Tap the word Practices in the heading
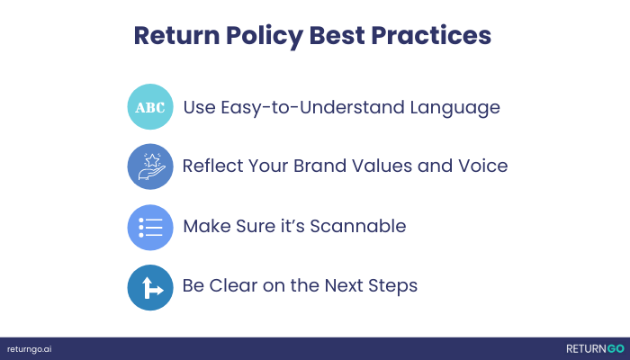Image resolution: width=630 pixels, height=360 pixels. (x=439, y=35)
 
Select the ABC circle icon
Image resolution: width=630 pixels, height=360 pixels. (x=149, y=108)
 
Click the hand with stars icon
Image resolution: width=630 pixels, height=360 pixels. (x=149, y=166)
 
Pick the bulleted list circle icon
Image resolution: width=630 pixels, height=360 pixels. (x=149, y=227)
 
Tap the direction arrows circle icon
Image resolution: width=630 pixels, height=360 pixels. (x=149, y=286)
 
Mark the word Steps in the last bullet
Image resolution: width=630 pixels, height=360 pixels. (x=393, y=286)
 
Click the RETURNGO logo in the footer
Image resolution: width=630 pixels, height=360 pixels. (x=594, y=348)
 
